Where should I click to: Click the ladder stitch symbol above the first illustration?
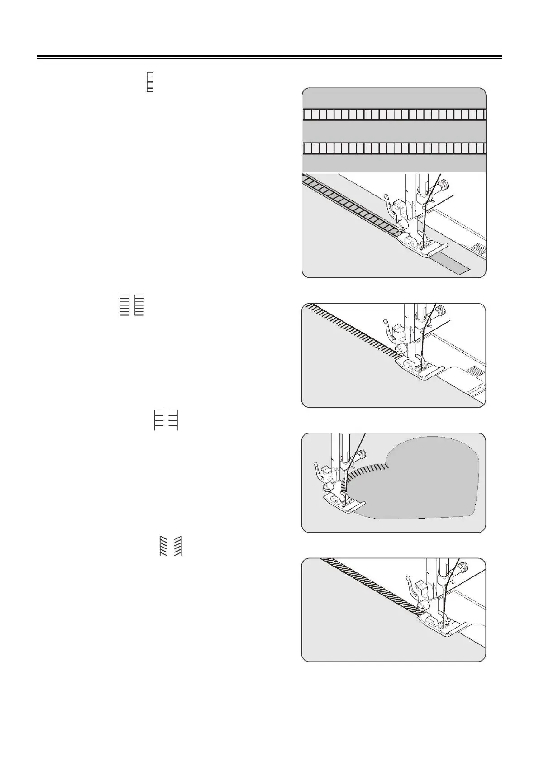click(x=150, y=82)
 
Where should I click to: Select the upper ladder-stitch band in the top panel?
click(x=394, y=114)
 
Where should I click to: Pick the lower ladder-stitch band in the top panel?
click(x=394, y=148)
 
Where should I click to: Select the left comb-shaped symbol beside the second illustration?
click(x=125, y=305)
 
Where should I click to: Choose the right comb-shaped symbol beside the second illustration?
click(x=139, y=305)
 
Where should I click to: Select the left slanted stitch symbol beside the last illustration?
click(x=163, y=546)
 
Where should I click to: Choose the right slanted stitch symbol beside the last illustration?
click(x=177, y=546)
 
